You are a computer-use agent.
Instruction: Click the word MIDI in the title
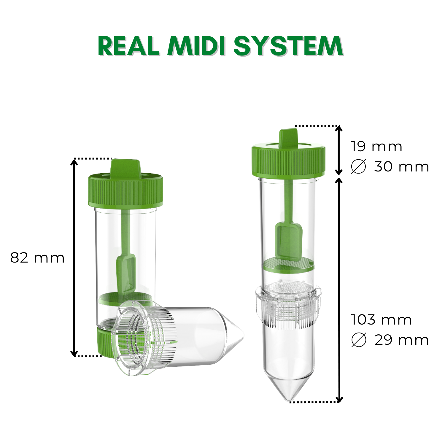pyautogui.click(x=196, y=47)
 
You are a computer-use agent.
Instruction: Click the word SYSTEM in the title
pyautogui.click(x=288, y=47)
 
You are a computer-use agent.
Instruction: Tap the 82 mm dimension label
pyautogui.click(x=37, y=258)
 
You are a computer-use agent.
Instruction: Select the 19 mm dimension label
pyautogui.click(x=376, y=147)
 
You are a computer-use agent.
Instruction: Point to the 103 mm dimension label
pyautogui.click(x=382, y=320)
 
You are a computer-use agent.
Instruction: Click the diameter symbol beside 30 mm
pyautogui.click(x=358, y=166)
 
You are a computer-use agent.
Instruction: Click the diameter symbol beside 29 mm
pyautogui.click(x=358, y=340)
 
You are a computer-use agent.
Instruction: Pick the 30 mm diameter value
pyautogui.click(x=401, y=167)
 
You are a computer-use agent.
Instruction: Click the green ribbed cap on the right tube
pyautogui.click(x=288, y=162)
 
